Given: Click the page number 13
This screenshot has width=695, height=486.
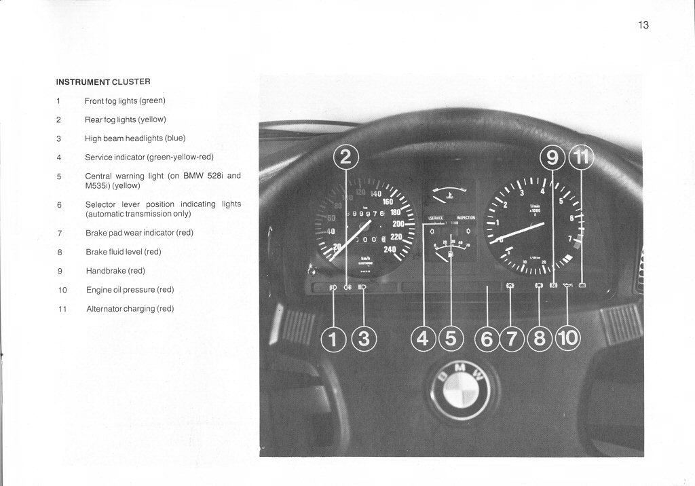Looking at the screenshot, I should (x=643, y=25).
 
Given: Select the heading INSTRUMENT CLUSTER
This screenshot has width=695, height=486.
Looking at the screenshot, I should (x=102, y=81).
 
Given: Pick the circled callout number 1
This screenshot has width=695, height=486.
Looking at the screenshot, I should (x=333, y=338).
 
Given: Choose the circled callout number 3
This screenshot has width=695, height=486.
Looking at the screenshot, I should (x=364, y=338).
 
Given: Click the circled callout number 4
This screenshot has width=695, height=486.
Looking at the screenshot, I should (x=424, y=338).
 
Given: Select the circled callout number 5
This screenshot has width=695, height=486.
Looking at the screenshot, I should (x=451, y=338).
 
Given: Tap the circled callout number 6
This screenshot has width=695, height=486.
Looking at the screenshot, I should (x=487, y=338).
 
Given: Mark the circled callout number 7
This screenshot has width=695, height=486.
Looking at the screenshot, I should (x=512, y=338).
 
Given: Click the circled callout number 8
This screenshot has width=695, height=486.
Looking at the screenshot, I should (x=540, y=338).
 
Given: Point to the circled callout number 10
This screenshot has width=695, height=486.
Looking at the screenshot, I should (x=568, y=338).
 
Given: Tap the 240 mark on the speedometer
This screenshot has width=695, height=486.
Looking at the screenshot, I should (x=390, y=249).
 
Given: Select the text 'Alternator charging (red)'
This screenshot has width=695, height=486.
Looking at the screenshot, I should (x=130, y=308).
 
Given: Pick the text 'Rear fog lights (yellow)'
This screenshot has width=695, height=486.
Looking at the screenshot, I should (x=125, y=119).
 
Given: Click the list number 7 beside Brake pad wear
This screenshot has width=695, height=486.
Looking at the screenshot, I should (x=59, y=233).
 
